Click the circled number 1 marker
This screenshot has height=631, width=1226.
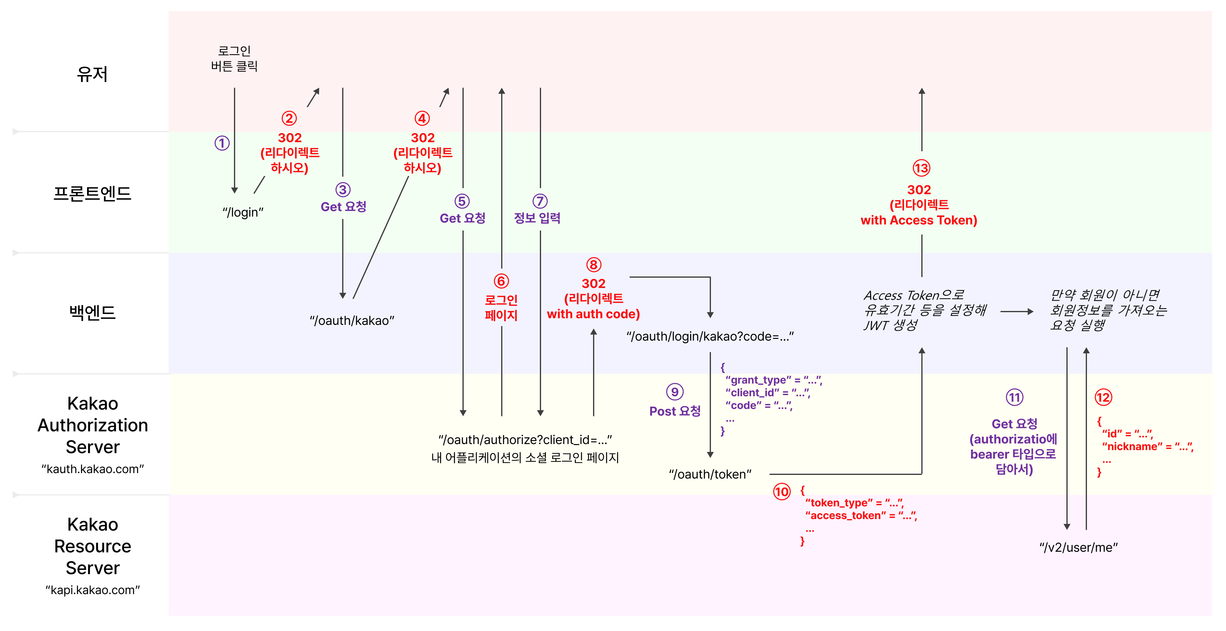222,143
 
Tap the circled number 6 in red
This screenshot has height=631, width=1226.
501,281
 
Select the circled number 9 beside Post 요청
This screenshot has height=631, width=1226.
674,392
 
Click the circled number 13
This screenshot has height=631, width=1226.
921,168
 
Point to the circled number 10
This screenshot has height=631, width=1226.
781,492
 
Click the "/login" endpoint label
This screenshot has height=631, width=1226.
243,212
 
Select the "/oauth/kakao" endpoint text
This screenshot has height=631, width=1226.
352,321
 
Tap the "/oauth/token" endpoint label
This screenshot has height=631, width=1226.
710,474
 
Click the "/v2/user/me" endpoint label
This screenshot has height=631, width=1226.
1078,547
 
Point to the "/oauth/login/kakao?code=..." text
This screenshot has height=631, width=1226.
710,337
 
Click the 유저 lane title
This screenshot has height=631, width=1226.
92,74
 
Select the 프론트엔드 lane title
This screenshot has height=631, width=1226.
92,193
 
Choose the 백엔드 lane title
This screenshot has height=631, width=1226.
92,312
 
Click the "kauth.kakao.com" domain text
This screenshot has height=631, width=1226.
92,469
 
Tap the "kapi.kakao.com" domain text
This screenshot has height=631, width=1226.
92,590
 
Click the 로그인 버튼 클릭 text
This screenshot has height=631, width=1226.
234,58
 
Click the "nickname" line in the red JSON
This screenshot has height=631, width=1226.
1147,447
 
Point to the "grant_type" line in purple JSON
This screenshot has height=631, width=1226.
774,380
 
